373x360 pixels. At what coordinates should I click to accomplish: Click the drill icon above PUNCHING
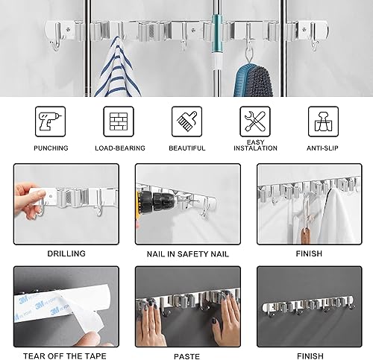(x=50, y=120)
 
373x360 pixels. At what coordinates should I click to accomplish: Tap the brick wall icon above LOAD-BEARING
(x=118, y=120)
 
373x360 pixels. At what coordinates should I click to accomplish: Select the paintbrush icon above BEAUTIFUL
(x=186, y=120)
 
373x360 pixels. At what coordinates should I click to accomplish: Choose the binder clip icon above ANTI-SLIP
(x=323, y=120)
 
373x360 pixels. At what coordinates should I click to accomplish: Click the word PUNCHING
(x=51, y=148)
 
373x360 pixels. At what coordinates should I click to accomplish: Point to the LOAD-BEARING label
(x=118, y=148)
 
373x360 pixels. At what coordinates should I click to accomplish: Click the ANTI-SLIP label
(x=322, y=148)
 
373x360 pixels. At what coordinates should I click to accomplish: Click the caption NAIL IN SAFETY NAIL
(x=186, y=254)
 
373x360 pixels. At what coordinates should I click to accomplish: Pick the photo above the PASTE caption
(x=186, y=302)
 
